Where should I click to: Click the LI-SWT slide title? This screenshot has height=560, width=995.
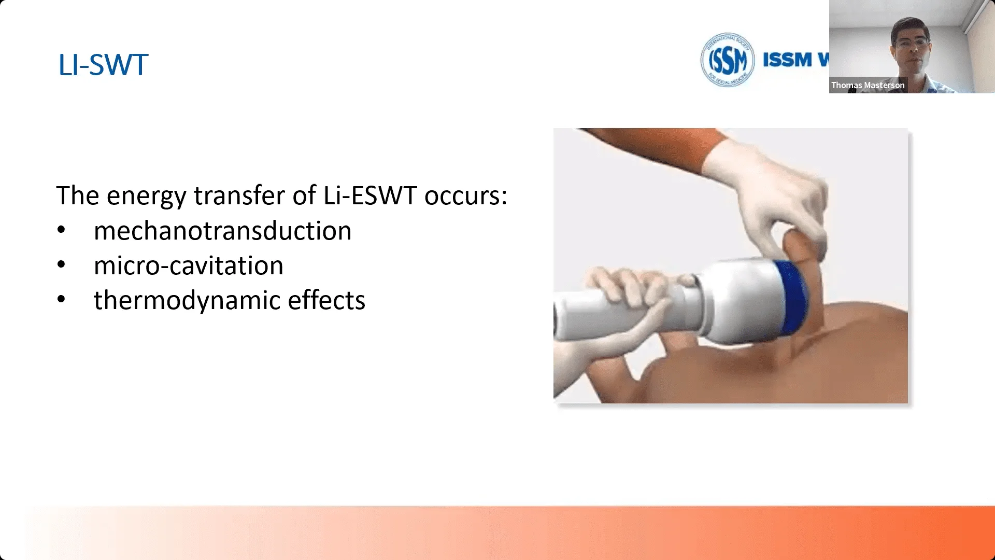point(103,65)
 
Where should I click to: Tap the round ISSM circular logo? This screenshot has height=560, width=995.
point(728,60)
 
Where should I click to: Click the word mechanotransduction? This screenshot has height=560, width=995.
point(222,231)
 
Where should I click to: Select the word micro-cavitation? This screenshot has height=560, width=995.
point(189,265)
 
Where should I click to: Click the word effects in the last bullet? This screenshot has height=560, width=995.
point(326,300)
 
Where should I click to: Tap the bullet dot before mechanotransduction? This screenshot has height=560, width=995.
point(61,230)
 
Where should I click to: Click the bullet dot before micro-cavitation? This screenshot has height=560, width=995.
point(61,264)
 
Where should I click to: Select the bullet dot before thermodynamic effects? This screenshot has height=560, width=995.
point(61,299)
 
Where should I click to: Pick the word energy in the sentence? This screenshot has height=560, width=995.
point(147,197)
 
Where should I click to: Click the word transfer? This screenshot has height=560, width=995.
point(239,195)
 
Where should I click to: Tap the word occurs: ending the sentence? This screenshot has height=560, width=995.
point(466,196)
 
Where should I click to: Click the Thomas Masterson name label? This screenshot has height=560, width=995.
point(868,85)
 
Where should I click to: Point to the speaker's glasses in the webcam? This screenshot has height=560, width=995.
point(912,42)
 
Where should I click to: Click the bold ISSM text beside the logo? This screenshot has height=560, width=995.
point(787,60)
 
